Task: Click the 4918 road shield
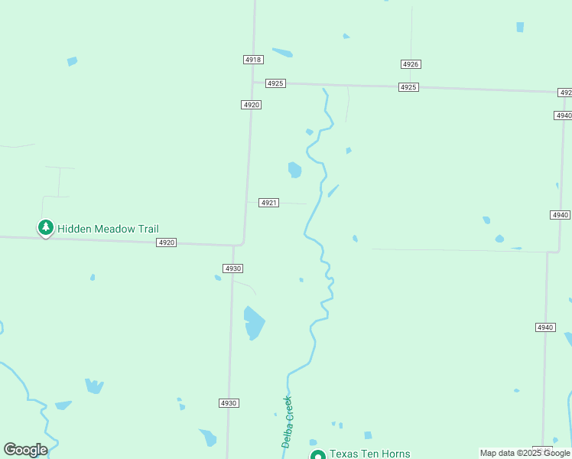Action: coord(253,60)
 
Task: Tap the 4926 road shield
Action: coord(411,64)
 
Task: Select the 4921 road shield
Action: coord(268,203)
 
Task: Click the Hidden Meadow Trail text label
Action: coord(108,229)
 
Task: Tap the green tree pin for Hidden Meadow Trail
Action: coord(46,227)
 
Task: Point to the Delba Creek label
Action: coord(288,422)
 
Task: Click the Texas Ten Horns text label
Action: coord(370,454)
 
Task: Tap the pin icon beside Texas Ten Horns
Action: coord(317,454)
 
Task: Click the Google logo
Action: coord(25,450)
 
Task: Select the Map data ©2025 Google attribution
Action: coord(525,453)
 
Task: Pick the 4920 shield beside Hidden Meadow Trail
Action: coord(167,243)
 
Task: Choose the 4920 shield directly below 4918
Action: coord(251,105)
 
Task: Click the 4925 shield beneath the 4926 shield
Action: coord(408,87)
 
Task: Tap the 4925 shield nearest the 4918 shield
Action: coord(275,83)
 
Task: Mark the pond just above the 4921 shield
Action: coord(294,169)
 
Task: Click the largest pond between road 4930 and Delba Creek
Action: coord(253,322)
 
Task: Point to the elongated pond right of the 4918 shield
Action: coord(282,53)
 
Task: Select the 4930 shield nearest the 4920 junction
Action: coord(233,269)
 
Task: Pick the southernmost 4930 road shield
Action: coord(229,403)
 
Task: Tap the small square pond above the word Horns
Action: coord(368,435)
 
